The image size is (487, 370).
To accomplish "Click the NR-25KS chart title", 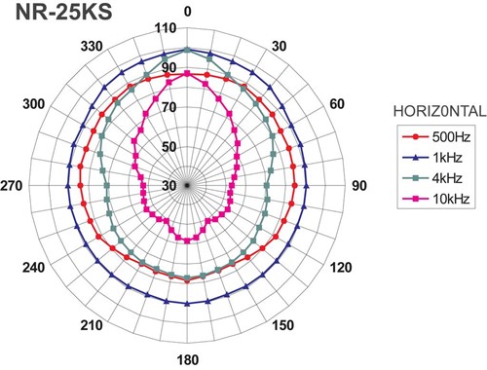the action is (64, 13).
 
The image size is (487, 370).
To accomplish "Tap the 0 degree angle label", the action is (187, 12).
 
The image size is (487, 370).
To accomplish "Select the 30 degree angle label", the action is (279, 47).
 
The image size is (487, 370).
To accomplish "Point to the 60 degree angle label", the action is (337, 104).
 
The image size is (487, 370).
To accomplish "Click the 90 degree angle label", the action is (359, 186).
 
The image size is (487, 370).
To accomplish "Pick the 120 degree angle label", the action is (341, 268).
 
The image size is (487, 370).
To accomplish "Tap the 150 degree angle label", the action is (283, 325).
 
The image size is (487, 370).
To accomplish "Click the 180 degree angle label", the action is (188, 360).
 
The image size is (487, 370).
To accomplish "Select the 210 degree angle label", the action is (92, 325).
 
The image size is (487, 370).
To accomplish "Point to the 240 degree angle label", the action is (33, 268).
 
